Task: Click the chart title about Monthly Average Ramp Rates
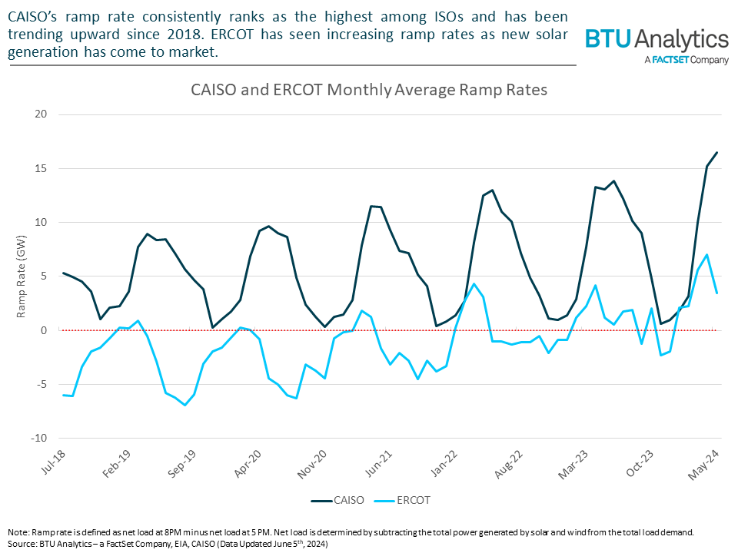(369, 90)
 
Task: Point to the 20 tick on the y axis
(40, 114)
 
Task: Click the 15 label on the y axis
(40, 168)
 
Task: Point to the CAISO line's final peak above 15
(716, 152)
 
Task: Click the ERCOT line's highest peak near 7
(707, 255)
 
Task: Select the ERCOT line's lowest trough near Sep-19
(184, 405)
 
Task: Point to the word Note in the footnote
(18, 531)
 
